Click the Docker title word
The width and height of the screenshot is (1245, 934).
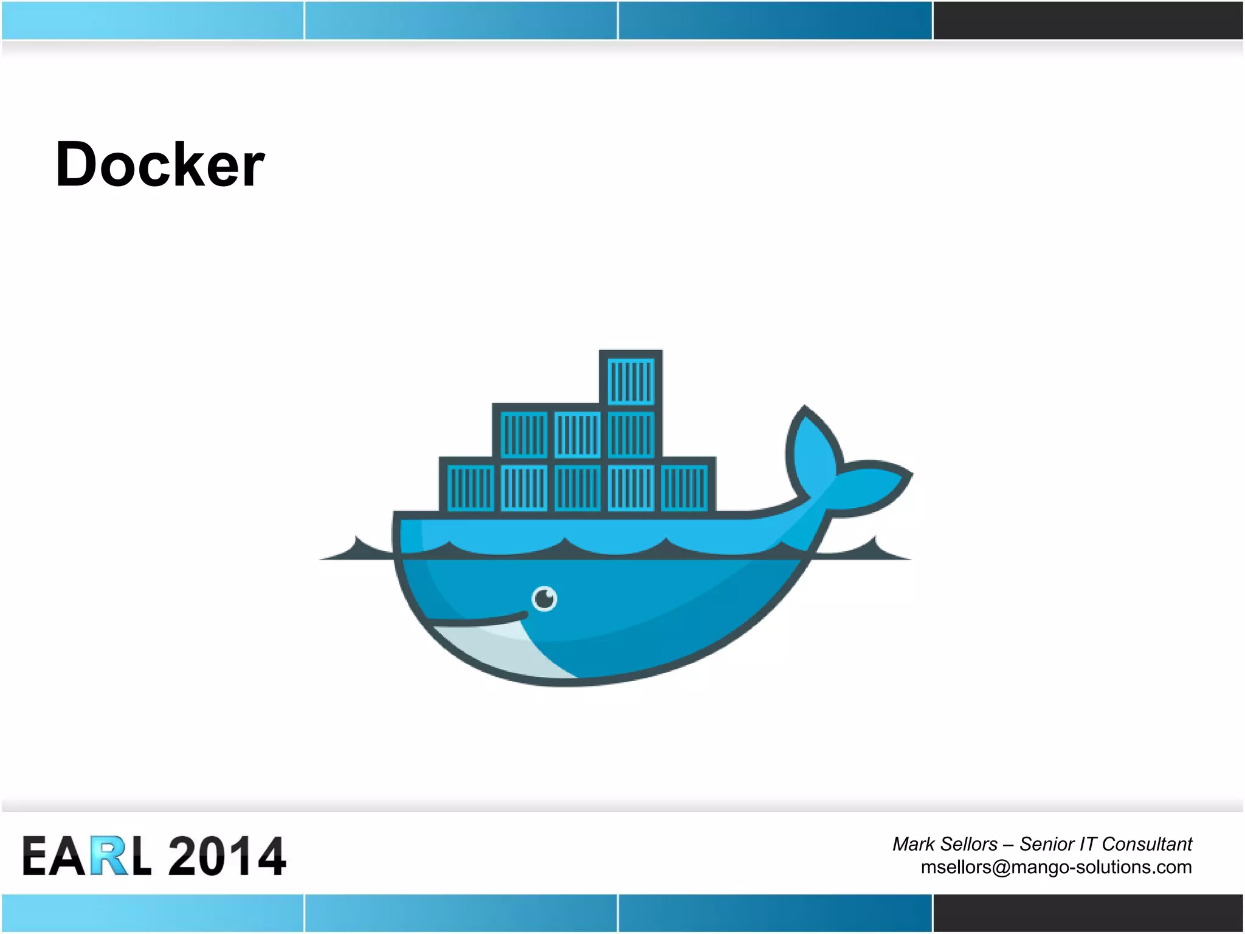click(x=160, y=164)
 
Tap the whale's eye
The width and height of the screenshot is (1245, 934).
click(x=544, y=598)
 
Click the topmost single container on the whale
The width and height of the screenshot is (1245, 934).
click(x=631, y=381)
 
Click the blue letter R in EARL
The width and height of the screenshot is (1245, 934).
click(x=109, y=856)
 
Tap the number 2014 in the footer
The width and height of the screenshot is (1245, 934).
click(x=227, y=856)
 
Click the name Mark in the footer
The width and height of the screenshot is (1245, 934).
click(x=913, y=844)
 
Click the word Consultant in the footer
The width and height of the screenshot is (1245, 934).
click(x=1147, y=844)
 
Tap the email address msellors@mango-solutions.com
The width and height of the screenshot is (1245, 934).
click(x=1056, y=867)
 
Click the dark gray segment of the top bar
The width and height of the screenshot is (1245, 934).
click(x=1088, y=20)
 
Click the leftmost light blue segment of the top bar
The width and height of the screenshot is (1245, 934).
click(x=152, y=20)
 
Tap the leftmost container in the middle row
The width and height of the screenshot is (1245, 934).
click(x=523, y=434)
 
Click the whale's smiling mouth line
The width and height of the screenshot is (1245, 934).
click(x=480, y=620)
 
